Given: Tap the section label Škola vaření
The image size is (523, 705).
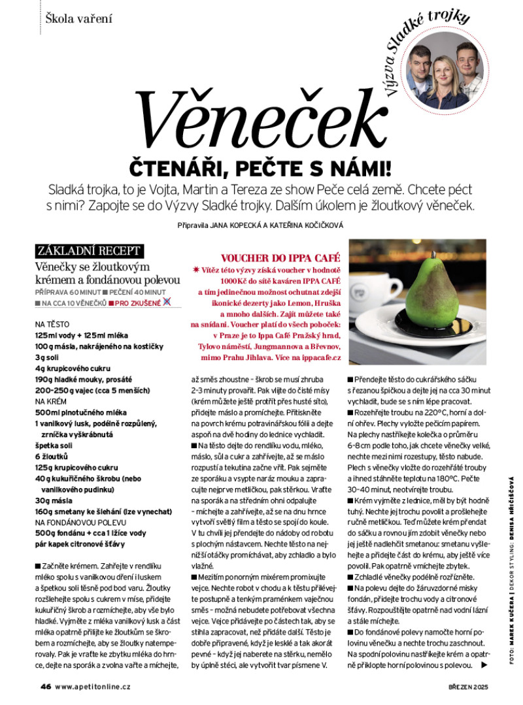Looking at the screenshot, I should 79,18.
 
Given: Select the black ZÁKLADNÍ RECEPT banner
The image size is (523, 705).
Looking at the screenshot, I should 89,250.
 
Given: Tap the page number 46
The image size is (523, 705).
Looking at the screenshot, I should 46,687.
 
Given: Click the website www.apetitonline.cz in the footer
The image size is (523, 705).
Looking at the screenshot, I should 93,687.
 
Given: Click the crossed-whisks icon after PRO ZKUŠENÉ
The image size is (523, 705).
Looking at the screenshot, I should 167,302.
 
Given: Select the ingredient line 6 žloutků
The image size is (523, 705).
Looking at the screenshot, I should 52,455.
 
